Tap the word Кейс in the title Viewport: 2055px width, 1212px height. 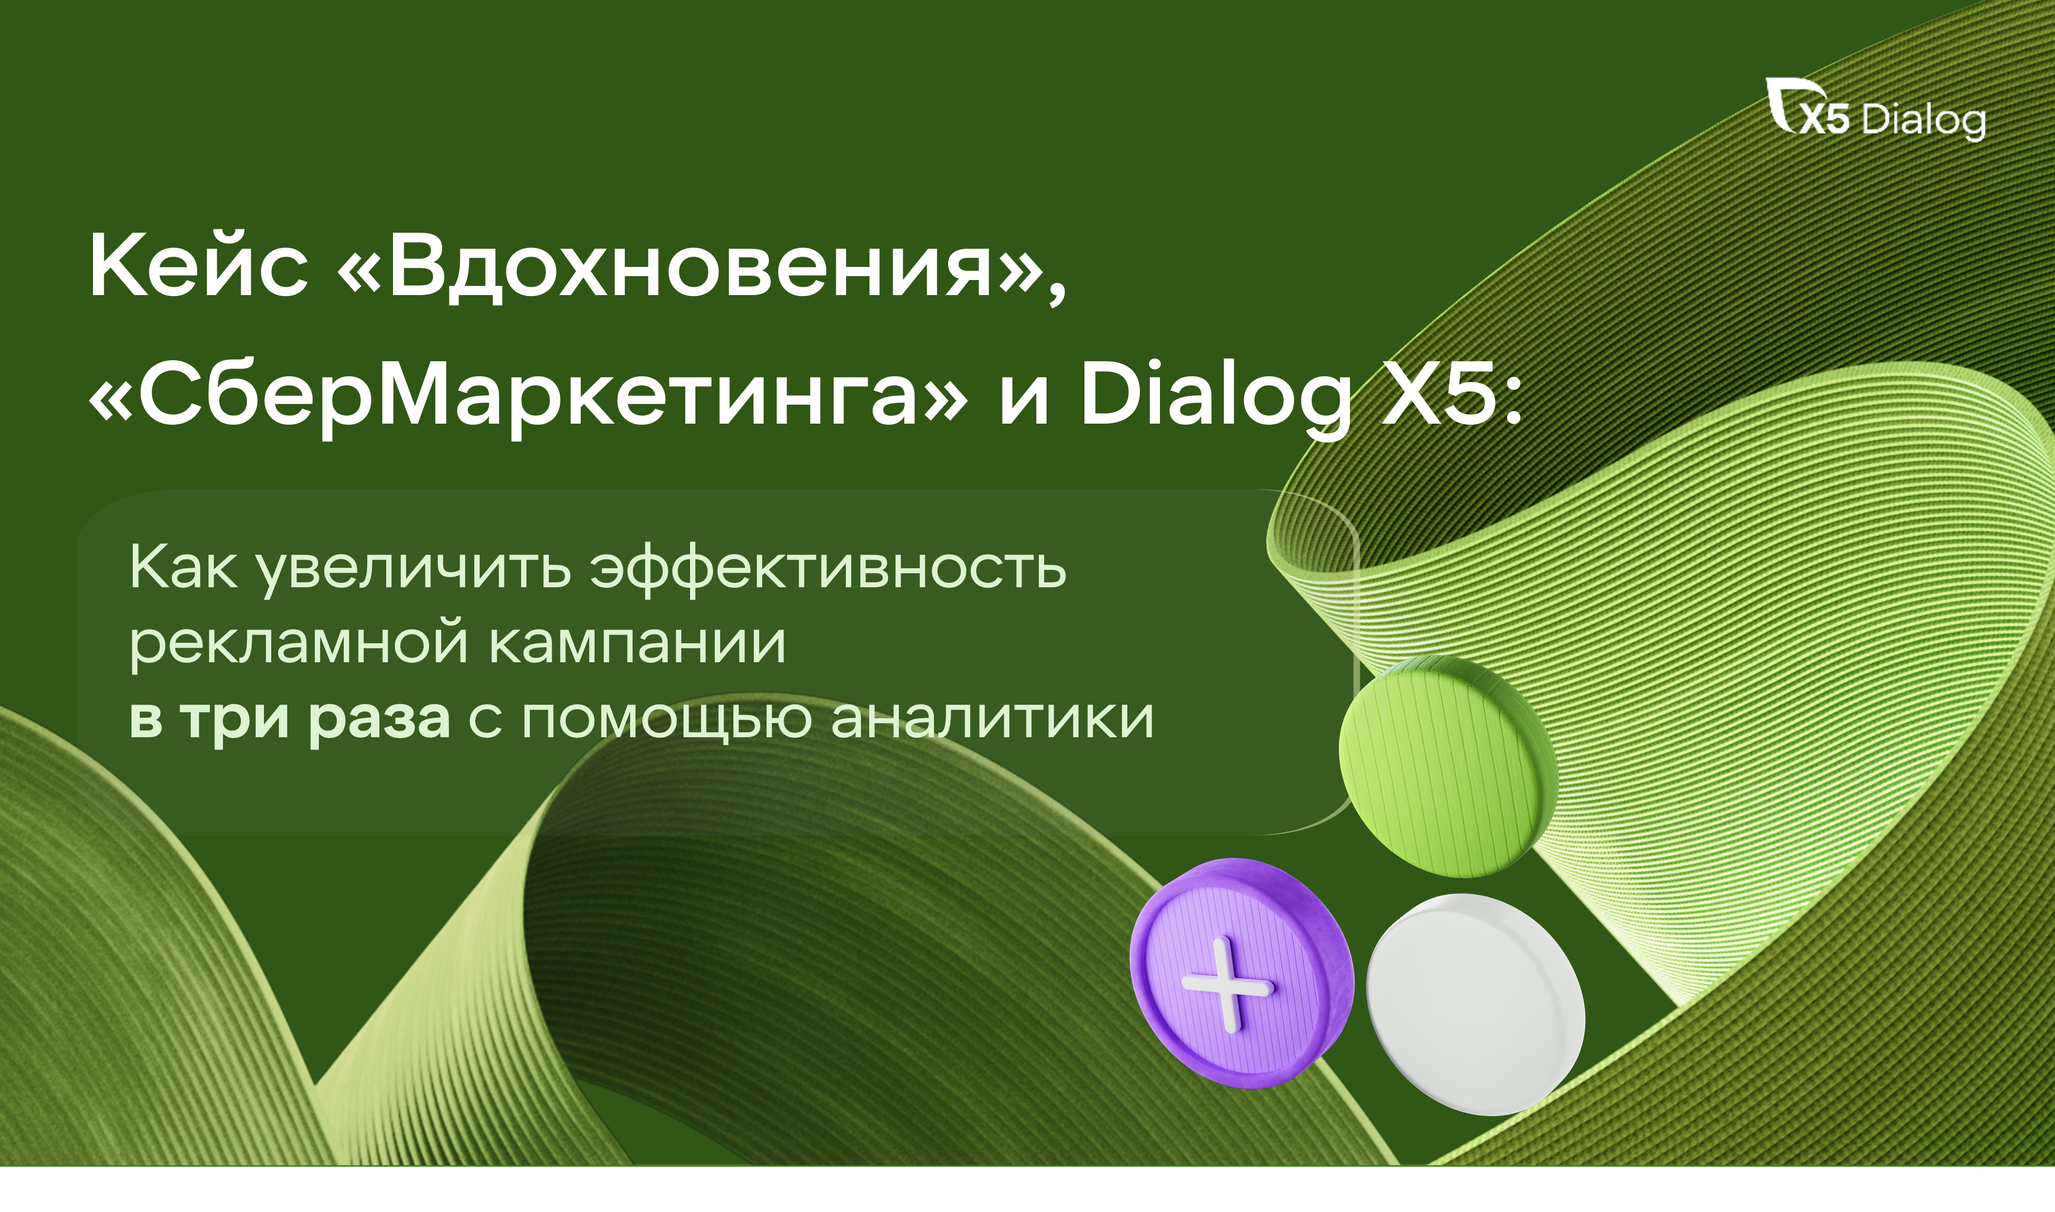click(x=199, y=265)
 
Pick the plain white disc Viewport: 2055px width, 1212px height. click(x=1476, y=1005)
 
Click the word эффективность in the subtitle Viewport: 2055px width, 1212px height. click(x=828, y=569)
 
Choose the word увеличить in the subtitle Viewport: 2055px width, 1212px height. click(x=414, y=569)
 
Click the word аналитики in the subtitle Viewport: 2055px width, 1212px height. click(x=992, y=719)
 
